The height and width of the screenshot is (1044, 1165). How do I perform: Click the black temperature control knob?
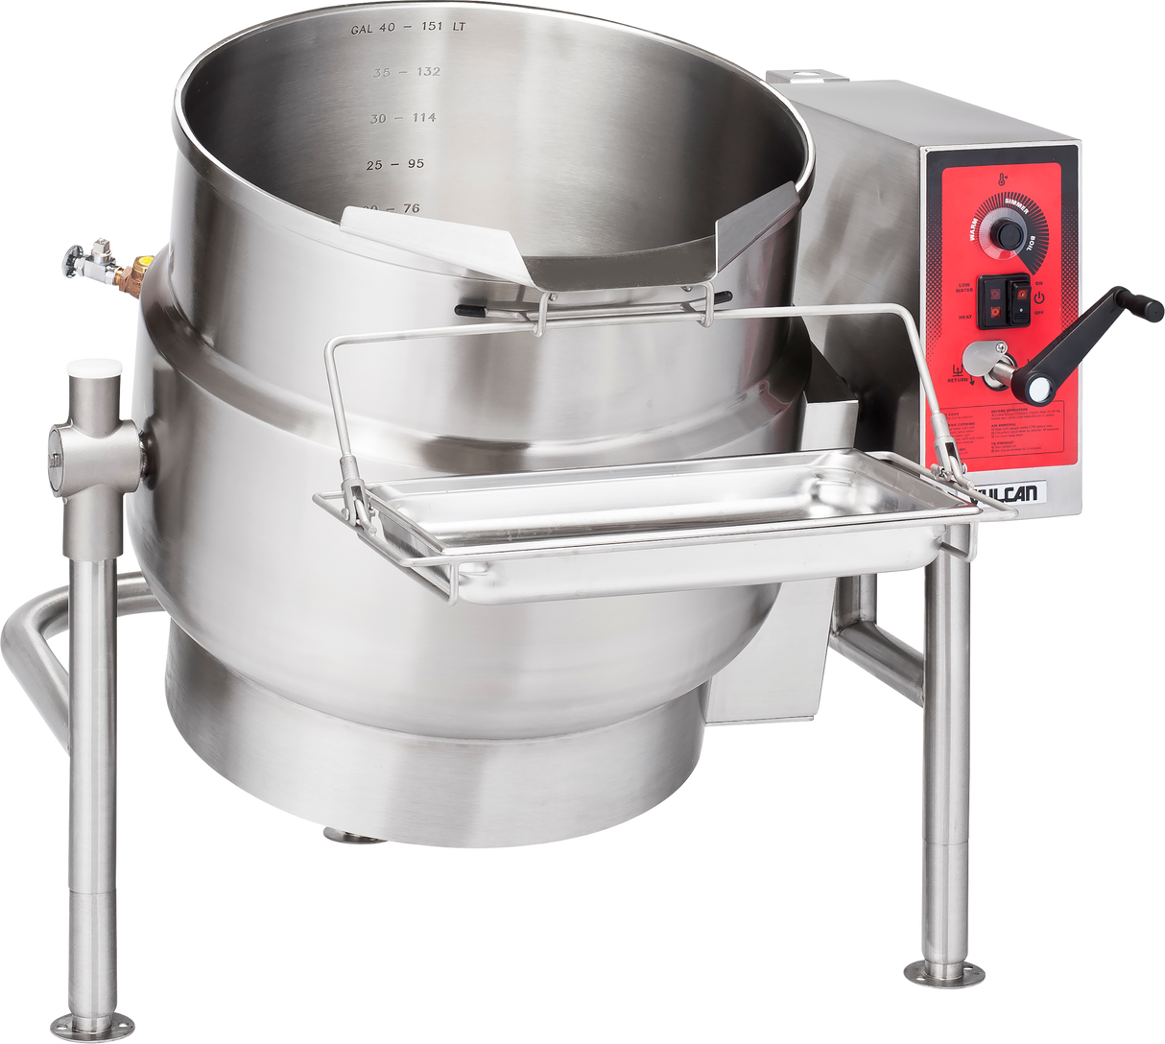(1007, 234)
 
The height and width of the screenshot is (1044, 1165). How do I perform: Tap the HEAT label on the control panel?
(965, 315)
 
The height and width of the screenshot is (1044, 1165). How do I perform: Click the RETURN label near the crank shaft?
(957, 379)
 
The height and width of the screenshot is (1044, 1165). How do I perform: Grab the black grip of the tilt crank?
(1140, 308)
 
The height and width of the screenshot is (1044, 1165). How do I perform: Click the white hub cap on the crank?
(1037, 388)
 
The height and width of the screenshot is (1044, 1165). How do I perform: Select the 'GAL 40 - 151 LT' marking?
(408, 27)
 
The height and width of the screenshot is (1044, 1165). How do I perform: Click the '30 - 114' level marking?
(403, 118)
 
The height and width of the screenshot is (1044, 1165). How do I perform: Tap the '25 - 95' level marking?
(394, 164)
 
